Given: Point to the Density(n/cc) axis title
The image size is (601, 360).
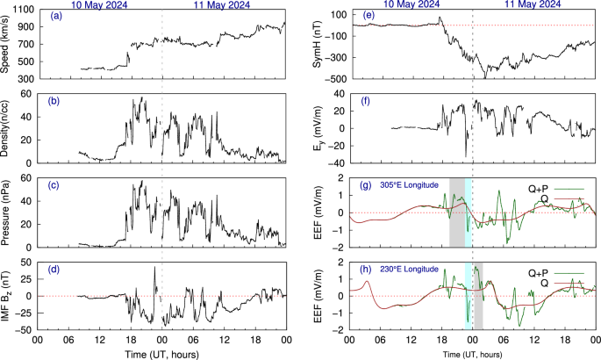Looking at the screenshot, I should pyautogui.click(x=8, y=128).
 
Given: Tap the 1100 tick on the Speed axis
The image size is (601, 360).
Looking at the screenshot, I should pyautogui.click(x=24, y=10).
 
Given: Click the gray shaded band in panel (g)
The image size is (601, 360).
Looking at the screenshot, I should pyautogui.click(x=456, y=211).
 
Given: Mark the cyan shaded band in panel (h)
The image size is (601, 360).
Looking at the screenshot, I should pyautogui.click(x=469, y=294).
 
